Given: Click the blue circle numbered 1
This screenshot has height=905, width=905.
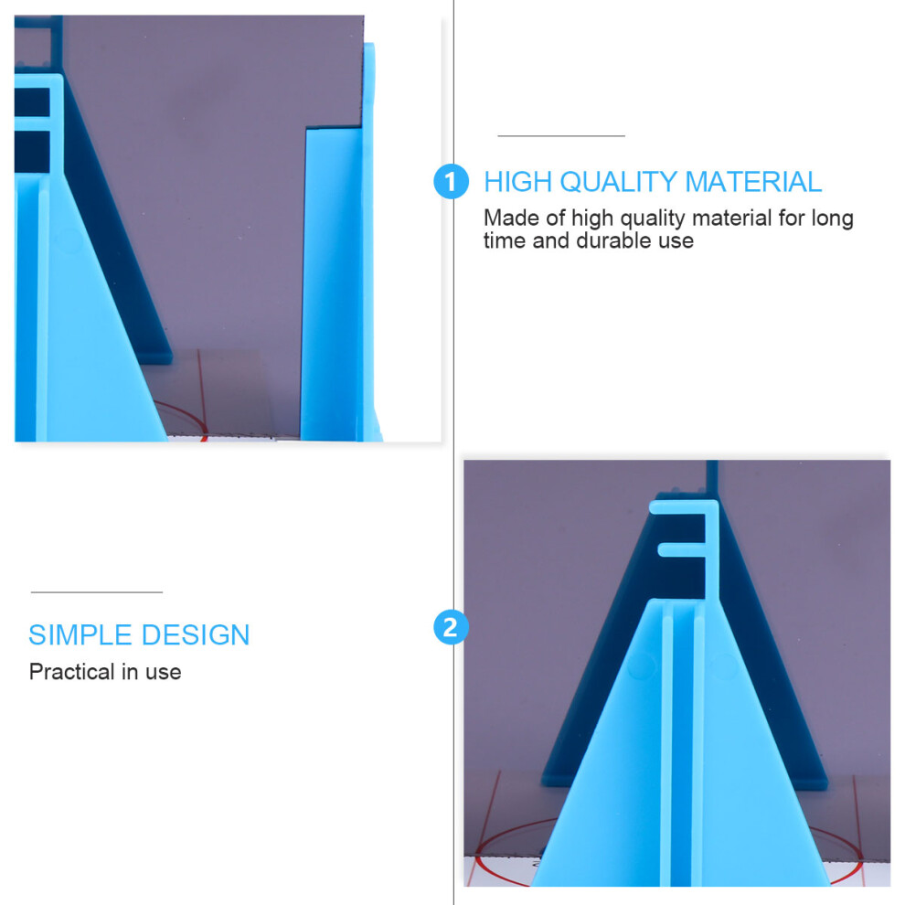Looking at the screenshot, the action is point(451,182).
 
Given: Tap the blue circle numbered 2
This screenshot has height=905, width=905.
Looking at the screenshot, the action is point(451,627).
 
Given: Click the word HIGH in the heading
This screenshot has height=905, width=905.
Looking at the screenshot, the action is point(517,182).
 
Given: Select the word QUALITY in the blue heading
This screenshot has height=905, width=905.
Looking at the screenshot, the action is point(618,183).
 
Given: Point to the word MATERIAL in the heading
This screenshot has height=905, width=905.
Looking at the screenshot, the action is point(753,182).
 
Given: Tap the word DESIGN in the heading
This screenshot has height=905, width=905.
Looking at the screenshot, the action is point(196,635).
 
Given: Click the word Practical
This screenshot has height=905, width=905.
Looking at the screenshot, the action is point(72,672).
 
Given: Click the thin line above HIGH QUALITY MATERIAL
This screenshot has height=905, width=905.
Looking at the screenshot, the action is point(561,136).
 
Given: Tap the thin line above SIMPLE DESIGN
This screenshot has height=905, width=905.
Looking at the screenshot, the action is point(97,592).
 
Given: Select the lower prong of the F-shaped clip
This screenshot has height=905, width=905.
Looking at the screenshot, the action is point(682,549).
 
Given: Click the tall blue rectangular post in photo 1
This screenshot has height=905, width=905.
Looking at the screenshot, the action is point(333,282).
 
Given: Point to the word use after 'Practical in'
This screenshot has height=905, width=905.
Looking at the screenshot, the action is point(164,673).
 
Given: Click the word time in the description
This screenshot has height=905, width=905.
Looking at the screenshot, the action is point(505,240).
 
